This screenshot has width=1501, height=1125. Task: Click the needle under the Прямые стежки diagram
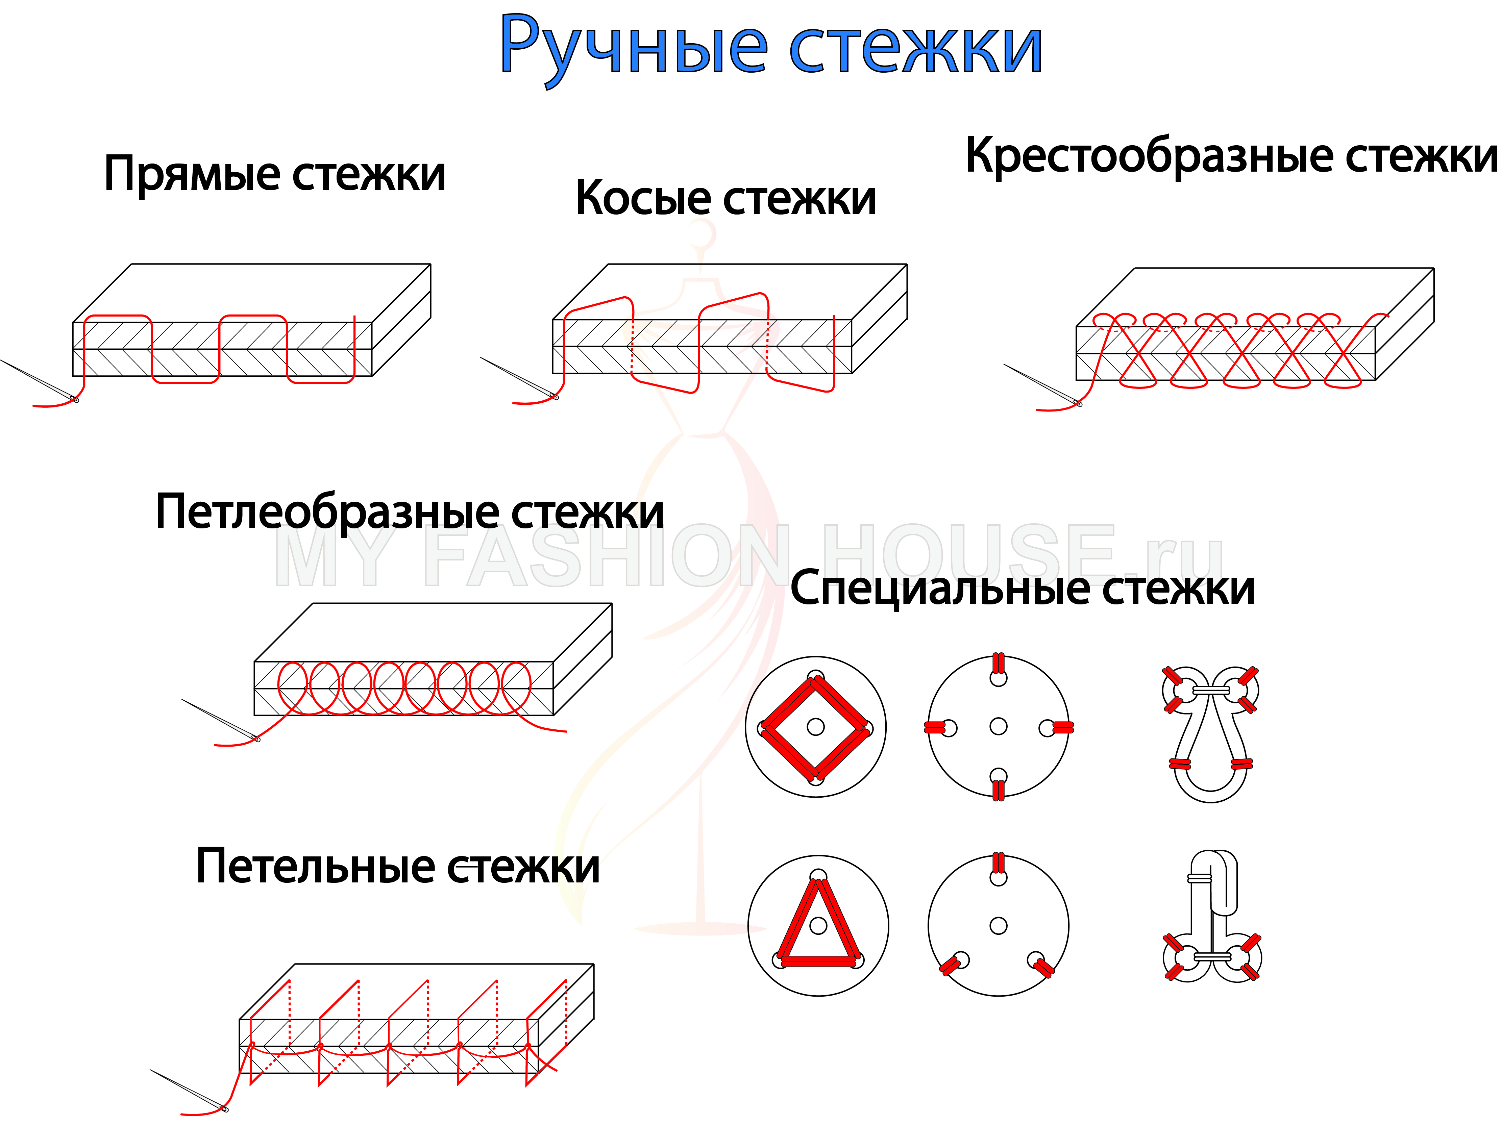[x=39, y=380]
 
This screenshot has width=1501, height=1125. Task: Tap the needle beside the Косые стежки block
[x=519, y=378]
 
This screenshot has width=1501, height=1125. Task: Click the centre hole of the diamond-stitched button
[x=816, y=727]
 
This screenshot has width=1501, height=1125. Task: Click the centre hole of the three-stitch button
[x=998, y=926]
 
